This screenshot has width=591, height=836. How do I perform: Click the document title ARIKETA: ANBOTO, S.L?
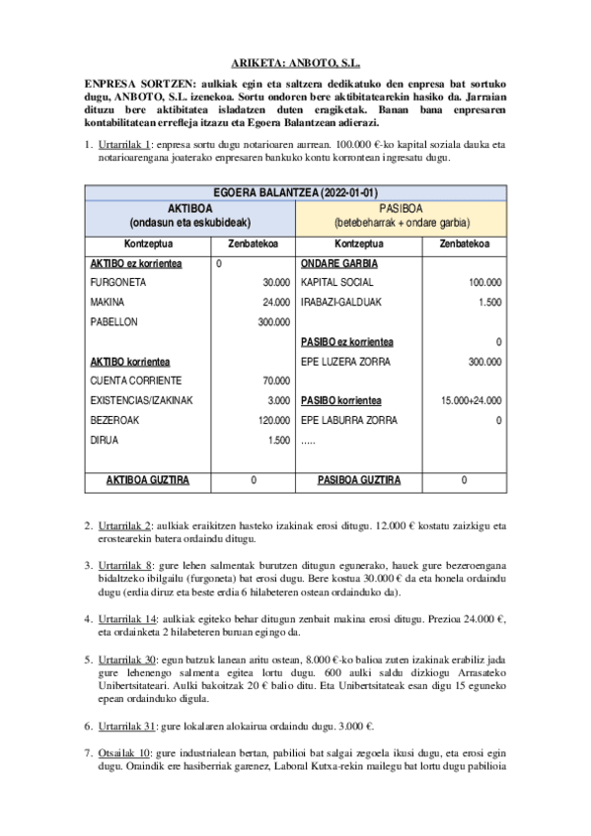coord(295,60)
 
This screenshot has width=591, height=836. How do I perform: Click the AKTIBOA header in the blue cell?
coord(189,209)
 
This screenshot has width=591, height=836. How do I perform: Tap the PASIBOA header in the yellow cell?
coord(400,209)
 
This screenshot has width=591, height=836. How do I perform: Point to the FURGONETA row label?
coord(115,282)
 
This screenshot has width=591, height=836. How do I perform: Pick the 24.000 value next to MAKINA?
coord(275,301)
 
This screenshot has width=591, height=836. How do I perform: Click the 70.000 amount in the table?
coord(275,381)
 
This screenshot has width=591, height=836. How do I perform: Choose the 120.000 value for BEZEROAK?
coord(272,420)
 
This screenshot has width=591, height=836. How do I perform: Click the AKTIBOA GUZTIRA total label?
coord(147,480)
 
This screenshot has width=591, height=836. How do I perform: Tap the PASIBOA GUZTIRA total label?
coord(357,480)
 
